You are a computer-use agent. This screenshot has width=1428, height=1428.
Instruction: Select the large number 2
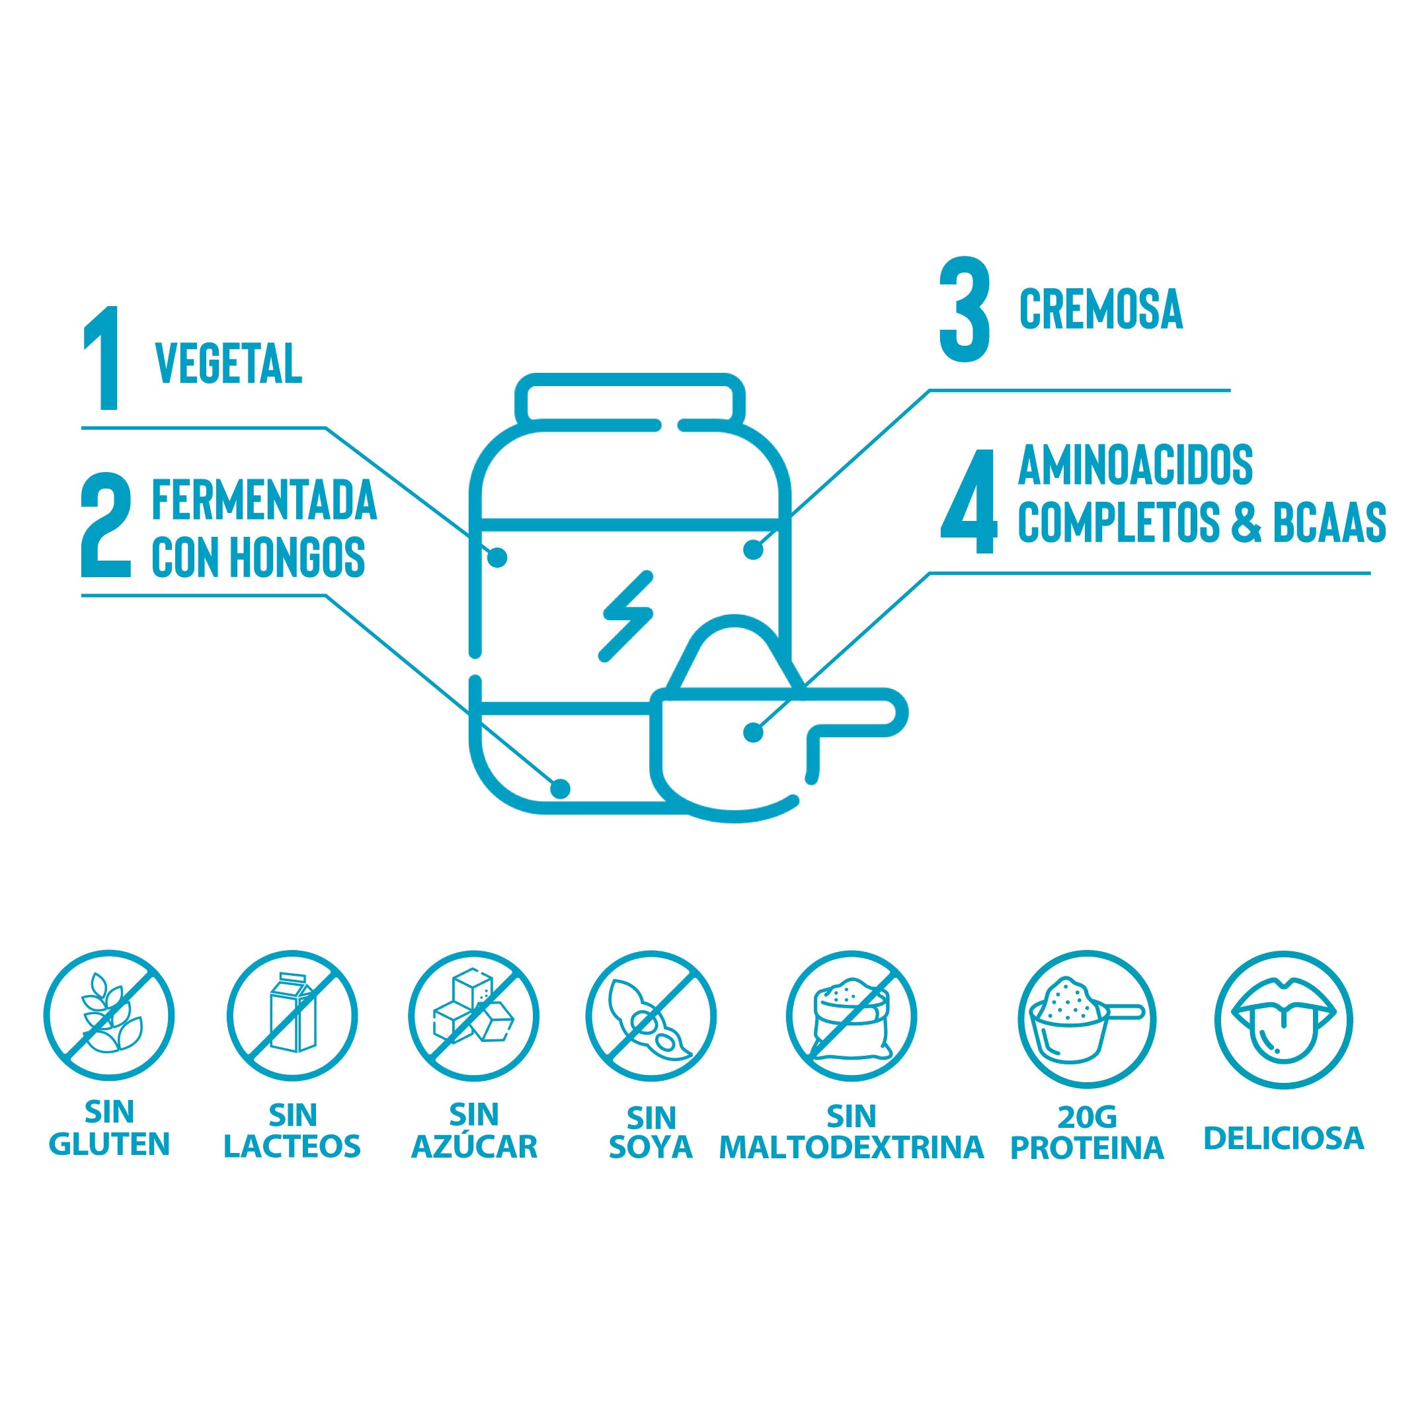point(106,527)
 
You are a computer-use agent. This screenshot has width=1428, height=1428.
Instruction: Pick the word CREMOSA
point(1101,311)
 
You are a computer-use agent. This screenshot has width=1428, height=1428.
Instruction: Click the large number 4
point(969,500)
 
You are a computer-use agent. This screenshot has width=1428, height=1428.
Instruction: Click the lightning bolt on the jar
point(627,615)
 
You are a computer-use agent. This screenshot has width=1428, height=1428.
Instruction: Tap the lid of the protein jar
point(630,400)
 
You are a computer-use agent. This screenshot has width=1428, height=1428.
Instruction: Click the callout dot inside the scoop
point(753,733)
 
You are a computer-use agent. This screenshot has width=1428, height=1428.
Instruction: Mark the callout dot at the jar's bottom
point(561,789)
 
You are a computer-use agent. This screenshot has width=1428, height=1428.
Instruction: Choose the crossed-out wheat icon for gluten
point(108,1015)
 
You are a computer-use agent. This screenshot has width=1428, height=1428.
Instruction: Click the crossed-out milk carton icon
point(292,1015)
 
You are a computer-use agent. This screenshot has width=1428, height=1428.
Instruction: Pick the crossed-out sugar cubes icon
point(474,1015)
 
